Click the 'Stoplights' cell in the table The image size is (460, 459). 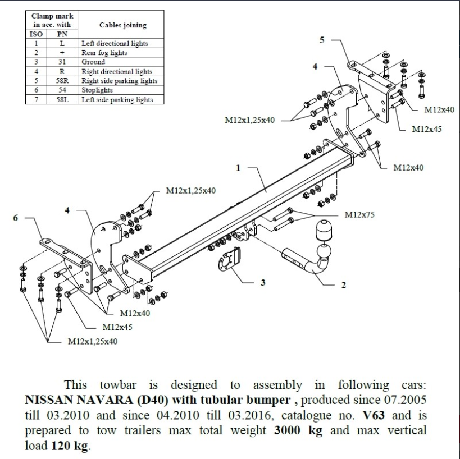97,90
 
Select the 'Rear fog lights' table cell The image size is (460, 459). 104,52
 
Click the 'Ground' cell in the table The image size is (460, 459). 93,62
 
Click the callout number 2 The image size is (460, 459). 344,284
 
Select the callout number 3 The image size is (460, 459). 263,282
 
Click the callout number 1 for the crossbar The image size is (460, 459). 238,167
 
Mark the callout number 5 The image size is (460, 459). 322,39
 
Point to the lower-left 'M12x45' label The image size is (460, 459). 117,327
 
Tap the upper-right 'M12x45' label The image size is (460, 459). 427,129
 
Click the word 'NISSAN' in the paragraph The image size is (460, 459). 47,402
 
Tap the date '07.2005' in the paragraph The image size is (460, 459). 407,402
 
